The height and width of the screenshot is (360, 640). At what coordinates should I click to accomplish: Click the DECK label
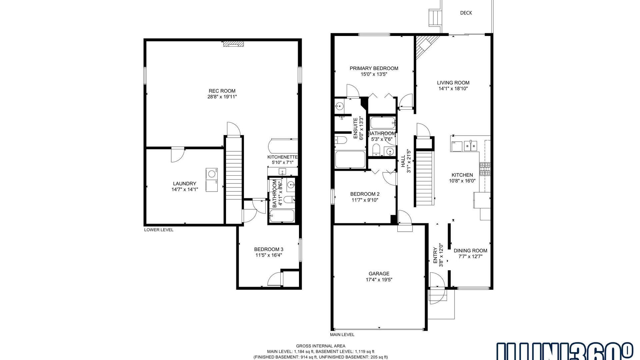pyautogui.click(x=466, y=13)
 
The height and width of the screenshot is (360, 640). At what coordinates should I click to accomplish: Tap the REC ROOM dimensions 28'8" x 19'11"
pyautogui.click(x=222, y=97)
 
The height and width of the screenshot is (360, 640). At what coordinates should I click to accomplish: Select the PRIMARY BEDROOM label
pyautogui.click(x=374, y=68)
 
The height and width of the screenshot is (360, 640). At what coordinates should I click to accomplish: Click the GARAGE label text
pyautogui.click(x=379, y=274)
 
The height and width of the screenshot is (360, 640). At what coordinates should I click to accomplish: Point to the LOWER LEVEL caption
pyautogui.click(x=159, y=230)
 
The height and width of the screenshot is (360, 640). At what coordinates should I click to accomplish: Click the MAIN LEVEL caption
pyautogui.click(x=342, y=334)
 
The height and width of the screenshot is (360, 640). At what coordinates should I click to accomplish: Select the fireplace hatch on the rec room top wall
pyautogui.click(x=233, y=44)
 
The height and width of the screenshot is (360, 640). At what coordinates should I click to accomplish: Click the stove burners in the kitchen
pyautogui.click(x=485, y=169)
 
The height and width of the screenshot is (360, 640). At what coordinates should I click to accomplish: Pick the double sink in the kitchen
pyautogui.click(x=471, y=146)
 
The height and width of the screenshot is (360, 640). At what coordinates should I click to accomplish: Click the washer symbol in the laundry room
pyautogui.click(x=211, y=174)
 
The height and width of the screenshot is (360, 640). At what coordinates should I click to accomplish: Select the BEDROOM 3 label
pyautogui.click(x=269, y=249)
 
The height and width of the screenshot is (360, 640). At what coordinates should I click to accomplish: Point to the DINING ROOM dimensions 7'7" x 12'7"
pyautogui.click(x=470, y=257)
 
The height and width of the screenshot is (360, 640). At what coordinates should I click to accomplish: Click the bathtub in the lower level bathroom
pyautogui.click(x=282, y=216)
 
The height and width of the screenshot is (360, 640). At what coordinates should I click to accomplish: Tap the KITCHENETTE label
pyautogui.click(x=282, y=157)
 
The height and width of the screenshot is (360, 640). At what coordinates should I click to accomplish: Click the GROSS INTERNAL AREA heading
pyautogui.click(x=320, y=346)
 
